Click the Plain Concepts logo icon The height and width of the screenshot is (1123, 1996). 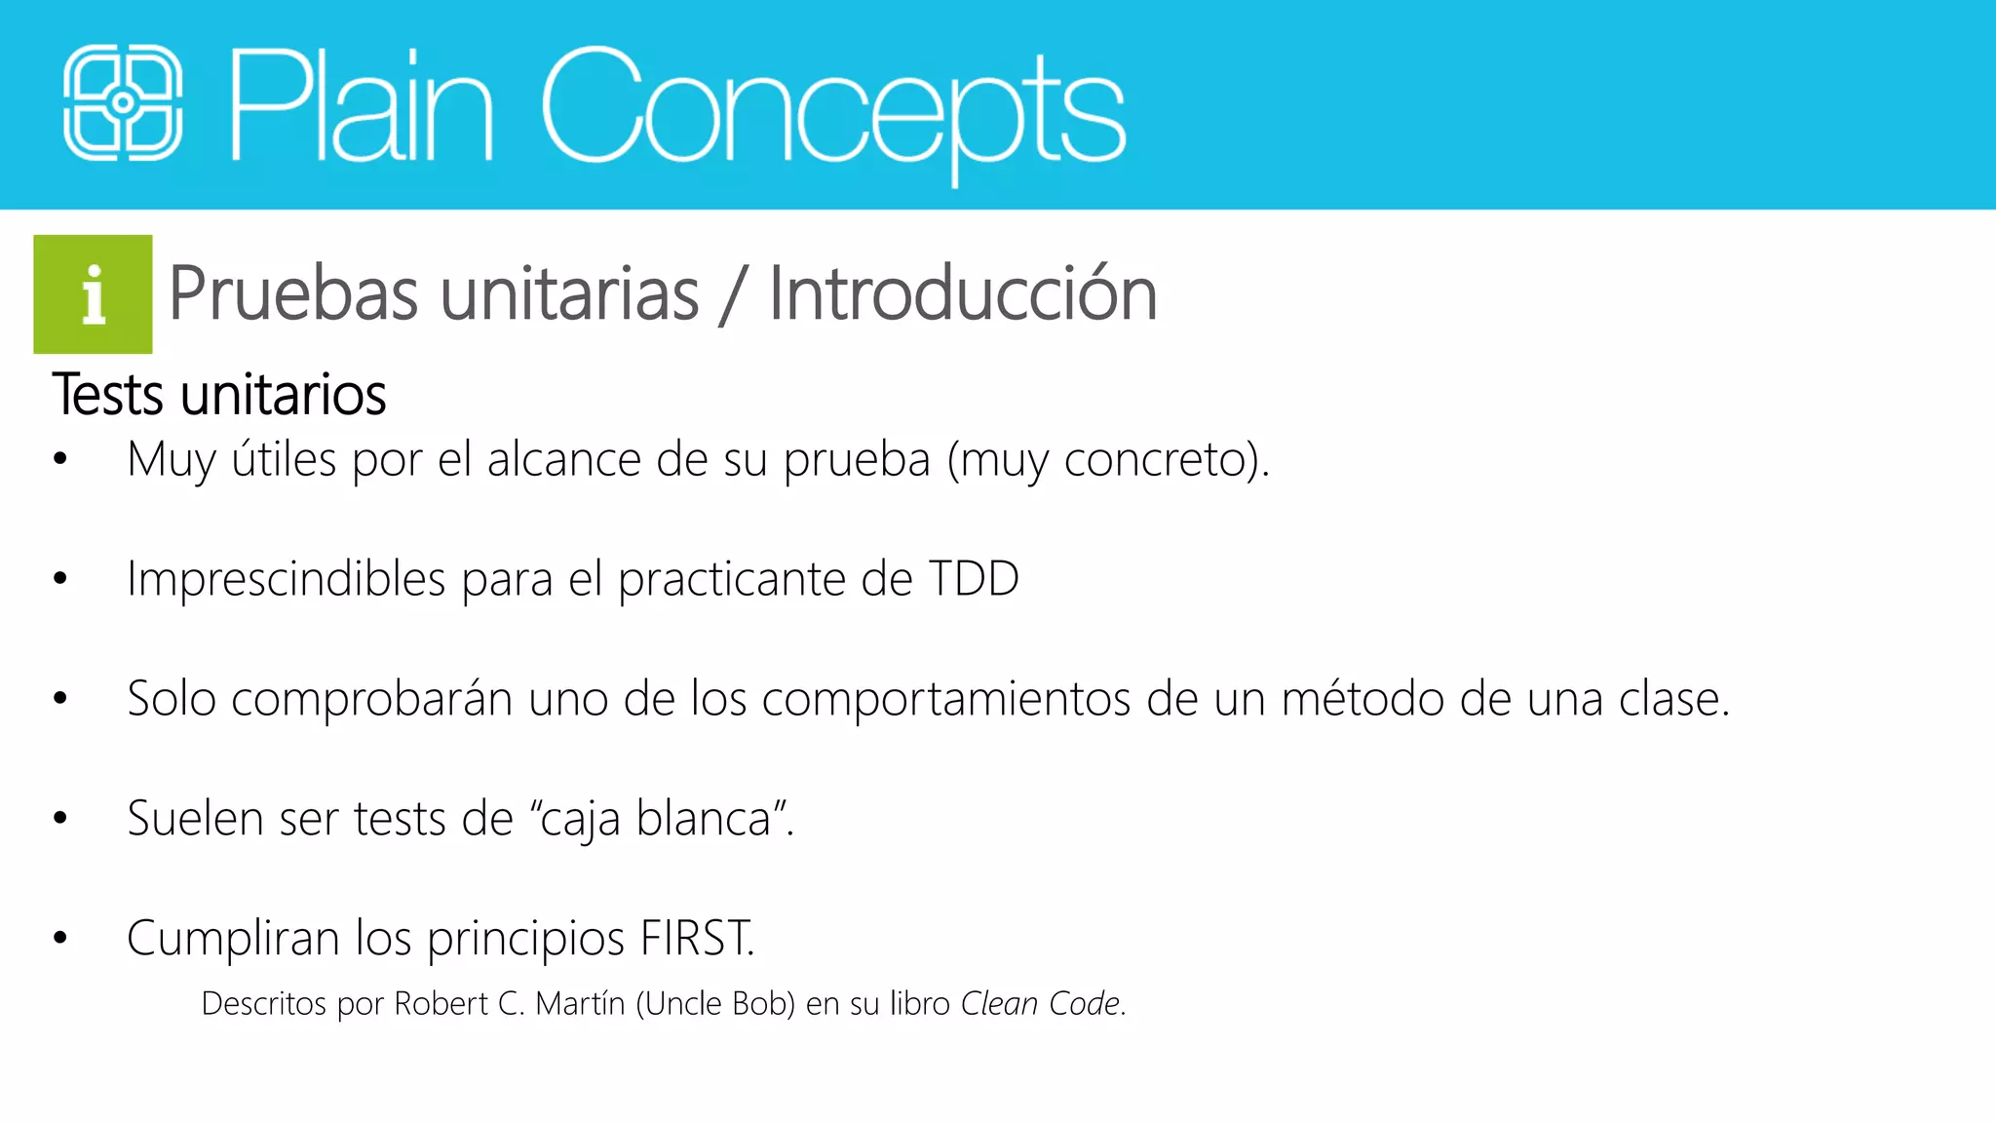click(x=123, y=102)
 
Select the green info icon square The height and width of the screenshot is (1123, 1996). click(x=93, y=294)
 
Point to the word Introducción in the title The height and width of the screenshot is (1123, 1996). click(x=962, y=293)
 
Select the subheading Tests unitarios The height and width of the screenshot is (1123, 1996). click(x=219, y=395)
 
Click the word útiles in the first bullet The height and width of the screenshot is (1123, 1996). click(x=284, y=459)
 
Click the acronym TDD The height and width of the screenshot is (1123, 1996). click(x=973, y=579)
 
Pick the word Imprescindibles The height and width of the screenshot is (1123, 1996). click(x=287, y=579)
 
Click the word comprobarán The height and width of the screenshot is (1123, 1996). click(x=371, y=699)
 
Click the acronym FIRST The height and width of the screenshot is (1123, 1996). click(x=695, y=938)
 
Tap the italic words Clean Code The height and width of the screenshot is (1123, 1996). click(x=1040, y=1003)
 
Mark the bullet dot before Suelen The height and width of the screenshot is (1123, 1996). click(x=60, y=818)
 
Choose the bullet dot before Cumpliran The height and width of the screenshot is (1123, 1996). click(x=60, y=938)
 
